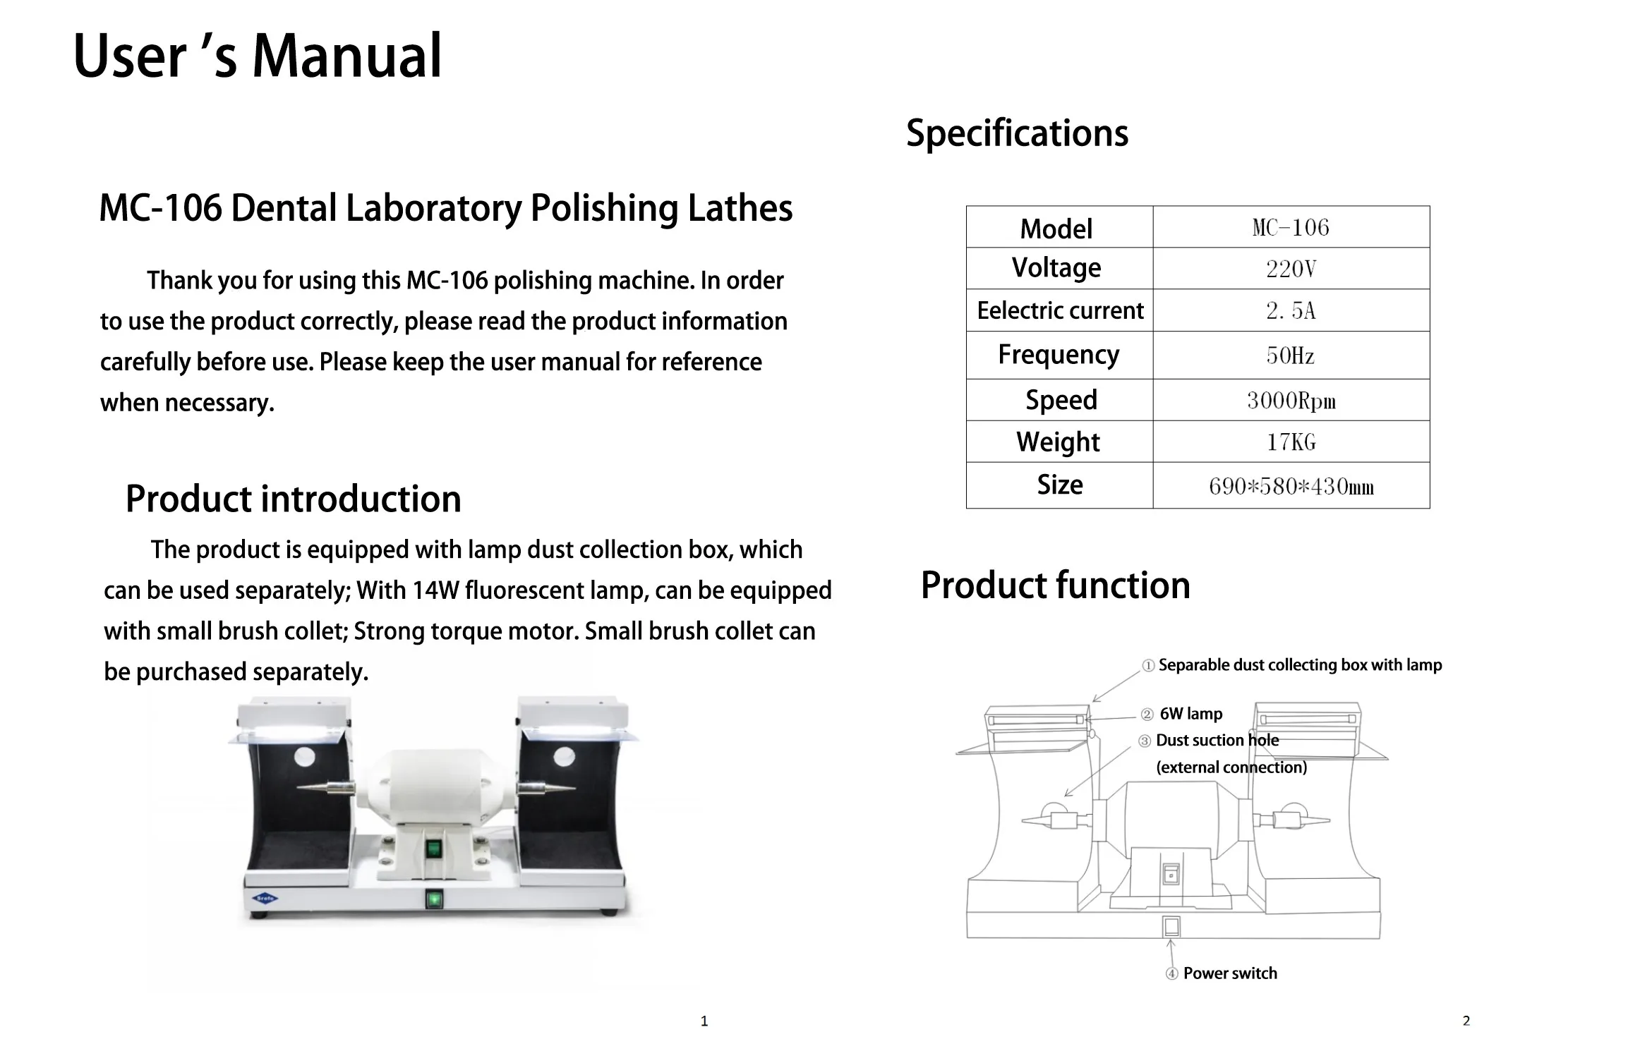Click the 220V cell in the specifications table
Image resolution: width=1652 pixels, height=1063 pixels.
[x=1291, y=269]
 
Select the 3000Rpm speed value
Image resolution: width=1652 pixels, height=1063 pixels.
[x=1291, y=401]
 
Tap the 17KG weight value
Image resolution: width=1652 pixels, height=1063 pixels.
[x=1291, y=442]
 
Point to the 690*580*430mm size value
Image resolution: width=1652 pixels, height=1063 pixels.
[x=1291, y=486]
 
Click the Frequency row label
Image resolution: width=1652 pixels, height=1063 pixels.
[x=1059, y=355]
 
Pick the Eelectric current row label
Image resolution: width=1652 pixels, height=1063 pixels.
[x=1059, y=310]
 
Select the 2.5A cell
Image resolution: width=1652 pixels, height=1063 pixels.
[x=1291, y=310]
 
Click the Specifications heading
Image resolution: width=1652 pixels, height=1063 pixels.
[x=1017, y=133]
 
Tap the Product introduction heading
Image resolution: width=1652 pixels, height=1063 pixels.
[x=293, y=499]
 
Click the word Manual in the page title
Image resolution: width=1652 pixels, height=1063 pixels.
[x=346, y=56]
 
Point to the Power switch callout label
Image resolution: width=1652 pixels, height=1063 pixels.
[x=1229, y=973]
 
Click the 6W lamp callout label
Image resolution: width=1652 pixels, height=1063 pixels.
[x=1190, y=714]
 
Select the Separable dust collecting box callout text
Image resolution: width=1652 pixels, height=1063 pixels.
[x=1299, y=665]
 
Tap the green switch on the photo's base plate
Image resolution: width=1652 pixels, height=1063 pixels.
[x=434, y=899]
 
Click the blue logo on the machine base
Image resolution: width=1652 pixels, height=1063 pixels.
[x=265, y=898]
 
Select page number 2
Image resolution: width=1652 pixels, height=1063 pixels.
[x=1466, y=1021]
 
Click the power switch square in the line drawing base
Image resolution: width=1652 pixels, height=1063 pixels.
[x=1171, y=927]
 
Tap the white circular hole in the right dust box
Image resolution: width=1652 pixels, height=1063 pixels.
[x=564, y=758]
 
